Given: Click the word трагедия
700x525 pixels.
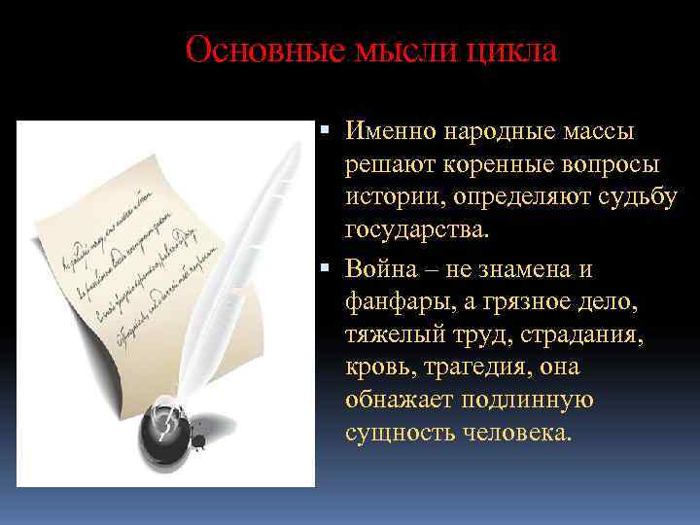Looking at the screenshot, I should point(470,367).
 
